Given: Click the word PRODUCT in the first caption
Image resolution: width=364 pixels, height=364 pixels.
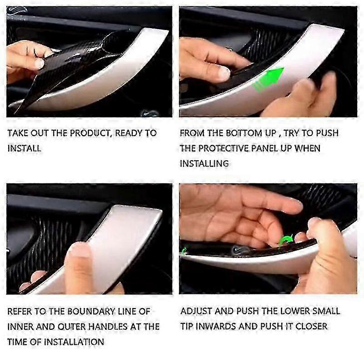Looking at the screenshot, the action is coord(91,133).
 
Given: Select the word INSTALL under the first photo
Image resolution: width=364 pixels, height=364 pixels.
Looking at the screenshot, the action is coord(24,148).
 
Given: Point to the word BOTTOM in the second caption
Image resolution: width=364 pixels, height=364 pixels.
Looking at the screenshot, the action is coord(244,133).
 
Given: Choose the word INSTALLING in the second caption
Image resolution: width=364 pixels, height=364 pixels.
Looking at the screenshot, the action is coord(204,163).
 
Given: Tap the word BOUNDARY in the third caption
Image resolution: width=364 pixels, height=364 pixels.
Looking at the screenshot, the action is coord(91,311).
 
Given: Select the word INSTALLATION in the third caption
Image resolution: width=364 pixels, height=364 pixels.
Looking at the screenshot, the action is coord(74,342).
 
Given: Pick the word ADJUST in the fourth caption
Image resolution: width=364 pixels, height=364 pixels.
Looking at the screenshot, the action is coord(196,311).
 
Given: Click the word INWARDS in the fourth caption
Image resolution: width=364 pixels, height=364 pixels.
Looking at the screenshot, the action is coord(216,326).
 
